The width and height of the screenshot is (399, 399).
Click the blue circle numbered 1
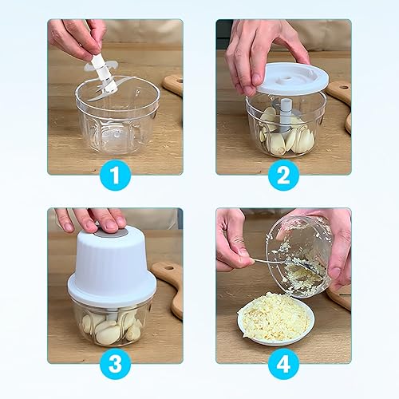pyautogui.click(x=115, y=175)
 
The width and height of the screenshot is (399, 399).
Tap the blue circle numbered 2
pyautogui.click(x=283, y=175)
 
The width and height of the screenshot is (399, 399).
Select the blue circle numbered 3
pyautogui.click(x=115, y=364)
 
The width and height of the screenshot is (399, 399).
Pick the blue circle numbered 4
pyautogui.click(x=283, y=364)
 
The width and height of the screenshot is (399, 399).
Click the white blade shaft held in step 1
pyautogui.click(x=104, y=73)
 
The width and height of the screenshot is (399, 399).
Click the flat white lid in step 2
pyautogui.click(x=293, y=79)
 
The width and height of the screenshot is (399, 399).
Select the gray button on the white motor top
pyautogui.click(x=111, y=232)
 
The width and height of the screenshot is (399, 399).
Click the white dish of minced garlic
pyautogui.click(x=276, y=318)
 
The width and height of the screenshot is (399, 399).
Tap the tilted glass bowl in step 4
pyautogui.click(x=299, y=257)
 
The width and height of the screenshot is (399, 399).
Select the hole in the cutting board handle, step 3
pyautogui.click(x=169, y=267)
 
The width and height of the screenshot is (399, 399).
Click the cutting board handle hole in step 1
pyautogui.click(x=180, y=81)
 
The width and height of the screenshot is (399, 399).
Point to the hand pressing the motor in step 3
pyautogui.click(x=90, y=219)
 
